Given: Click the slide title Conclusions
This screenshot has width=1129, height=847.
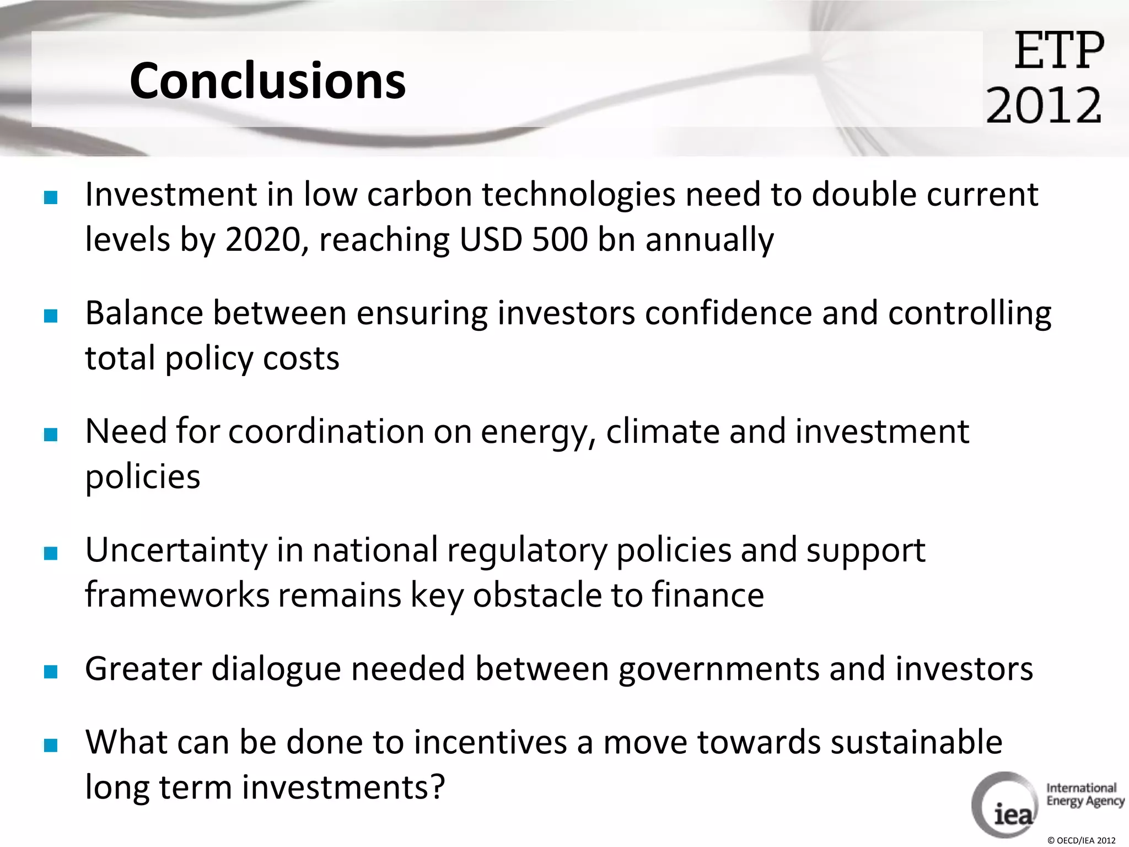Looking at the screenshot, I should [x=267, y=81].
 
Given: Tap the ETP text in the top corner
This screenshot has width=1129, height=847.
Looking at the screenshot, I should [x=1059, y=51].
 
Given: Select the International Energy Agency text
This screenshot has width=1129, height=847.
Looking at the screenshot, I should [x=1084, y=795].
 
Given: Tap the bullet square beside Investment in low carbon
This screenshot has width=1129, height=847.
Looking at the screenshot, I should [x=51, y=197].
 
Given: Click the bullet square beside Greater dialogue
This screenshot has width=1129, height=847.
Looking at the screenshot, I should [x=51, y=671].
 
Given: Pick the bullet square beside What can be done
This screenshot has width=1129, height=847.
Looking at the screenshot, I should [x=51, y=745].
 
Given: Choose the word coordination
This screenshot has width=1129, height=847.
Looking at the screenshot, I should [x=326, y=431].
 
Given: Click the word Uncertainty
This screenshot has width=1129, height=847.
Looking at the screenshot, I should [x=176, y=550].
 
